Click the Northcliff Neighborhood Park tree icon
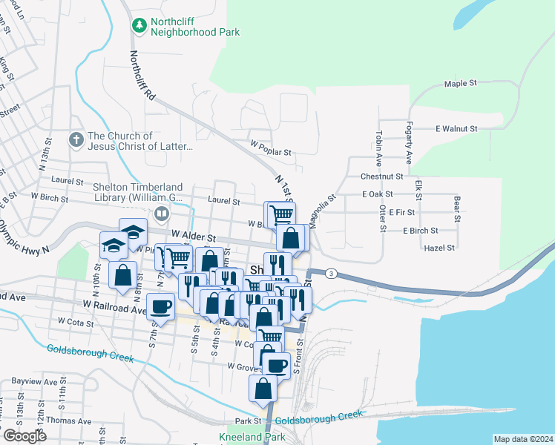[x=139, y=25]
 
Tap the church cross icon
[x=76, y=139]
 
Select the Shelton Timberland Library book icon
[x=161, y=214]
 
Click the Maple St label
[x=460, y=84]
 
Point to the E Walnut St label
[x=456, y=128]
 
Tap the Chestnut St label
[x=381, y=177]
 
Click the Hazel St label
[x=440, y=248]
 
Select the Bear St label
[x=456, y=209]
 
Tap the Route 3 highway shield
[x=331, y=274]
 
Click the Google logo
[x=25, y=436]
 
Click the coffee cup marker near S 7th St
[x=161, y=306]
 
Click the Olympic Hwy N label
[x=24, y=237]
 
